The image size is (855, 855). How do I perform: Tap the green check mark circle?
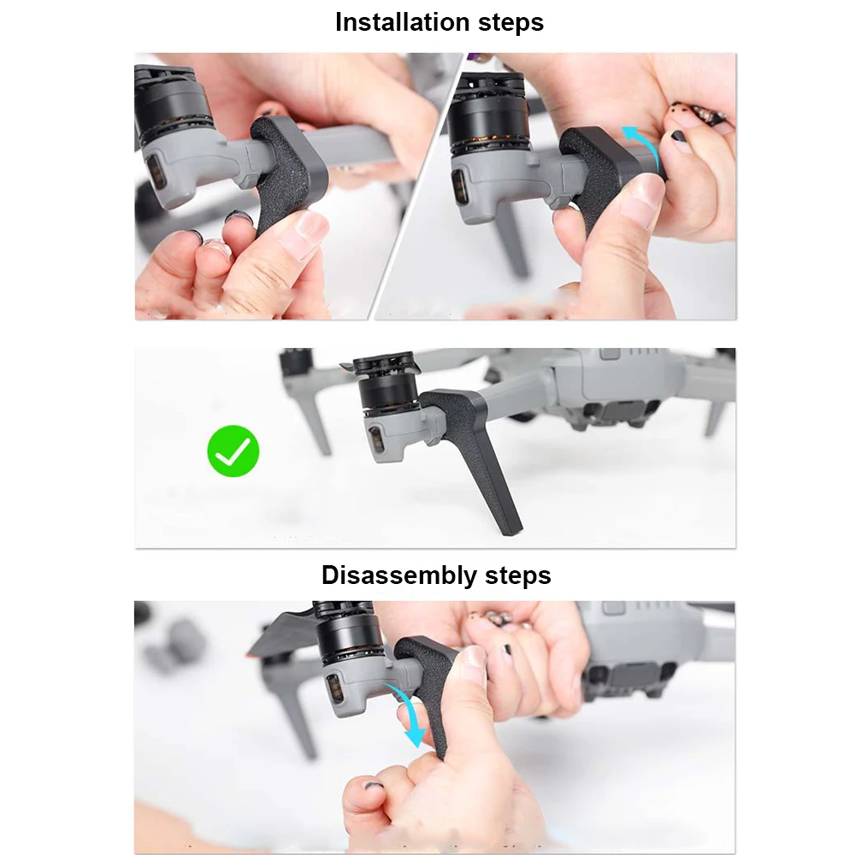pos(233,451)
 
